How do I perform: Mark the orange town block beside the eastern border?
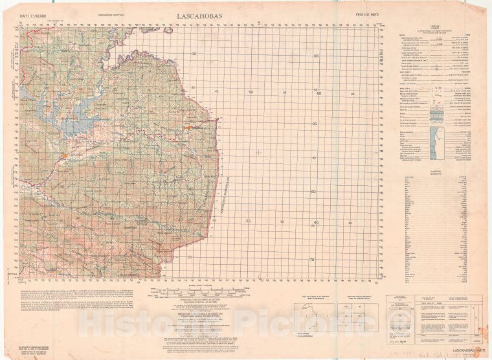click(188, 128)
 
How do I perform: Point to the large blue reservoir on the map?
click(71, 117)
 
